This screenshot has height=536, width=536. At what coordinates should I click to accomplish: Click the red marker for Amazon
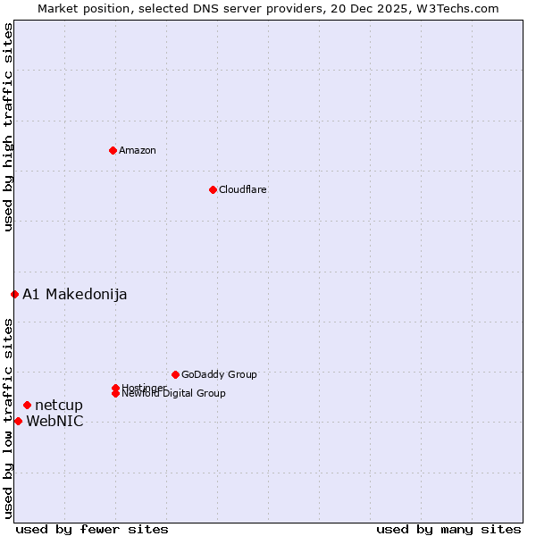pyautogui.click(x=113, y=150)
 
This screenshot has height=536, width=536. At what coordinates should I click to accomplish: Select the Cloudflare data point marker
pyautogui.click(x=213, y=189)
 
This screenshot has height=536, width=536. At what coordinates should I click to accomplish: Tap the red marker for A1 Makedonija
pyautogui.click(x=14, y=294)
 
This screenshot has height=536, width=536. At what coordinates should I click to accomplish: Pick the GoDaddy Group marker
pyautogui.click(x=175, y=374)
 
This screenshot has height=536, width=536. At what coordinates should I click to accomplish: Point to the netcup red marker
pyautogui.click(x=27, y=406)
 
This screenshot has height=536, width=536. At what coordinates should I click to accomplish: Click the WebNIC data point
pyautogui.click(x=18, y=421)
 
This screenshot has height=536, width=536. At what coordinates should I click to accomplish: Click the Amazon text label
pyautogui.click(x=137, y=150)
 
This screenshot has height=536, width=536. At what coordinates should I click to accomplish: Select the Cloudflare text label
pyautogui.click(x=242, y=189)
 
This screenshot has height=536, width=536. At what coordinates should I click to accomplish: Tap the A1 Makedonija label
pyautogui.click(x=74, y=294)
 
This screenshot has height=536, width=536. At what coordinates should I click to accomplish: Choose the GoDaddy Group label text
pyautogui.click(x=219, y=374)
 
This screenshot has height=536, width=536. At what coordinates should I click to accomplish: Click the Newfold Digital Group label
pyautogui.click(x=173, y=394)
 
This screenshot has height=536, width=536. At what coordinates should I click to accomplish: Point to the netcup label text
pyautogui.click(x=59, y=406)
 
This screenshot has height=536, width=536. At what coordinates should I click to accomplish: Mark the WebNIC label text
pyautogui.click(x=54, y=422)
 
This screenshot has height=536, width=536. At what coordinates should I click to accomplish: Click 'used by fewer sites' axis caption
pyautogui.click(x=92, y=529)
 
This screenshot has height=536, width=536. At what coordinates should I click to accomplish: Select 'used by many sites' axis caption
pyautogui.click(x=448, y=529)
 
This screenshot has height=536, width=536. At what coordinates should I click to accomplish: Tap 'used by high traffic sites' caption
pyautogui.click(x=8, y=127)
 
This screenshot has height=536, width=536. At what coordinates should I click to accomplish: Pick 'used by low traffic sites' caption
pyautogui.click(x=8, y=418)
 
